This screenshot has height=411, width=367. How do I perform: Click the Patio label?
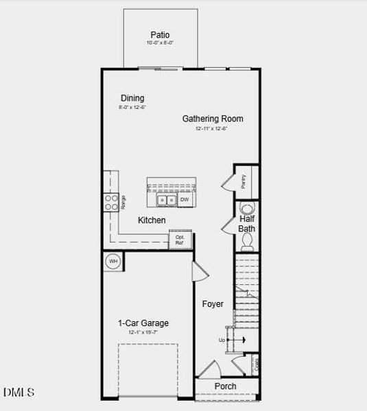(x=160, y=34)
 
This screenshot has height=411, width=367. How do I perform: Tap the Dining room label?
(x=132, y=98)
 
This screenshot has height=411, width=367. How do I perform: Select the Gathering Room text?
(x=213, y=119)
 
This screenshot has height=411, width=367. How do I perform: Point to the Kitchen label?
(x=152, y=220)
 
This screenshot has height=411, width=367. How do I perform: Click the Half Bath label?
(x=247, y=223)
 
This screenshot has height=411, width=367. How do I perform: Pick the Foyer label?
(x=213, y=303)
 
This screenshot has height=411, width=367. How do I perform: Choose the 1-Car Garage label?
(x=143, y=323)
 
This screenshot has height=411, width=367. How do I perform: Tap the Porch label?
(x=225, y=386)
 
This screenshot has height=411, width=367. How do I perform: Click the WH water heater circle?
(x=113, y=261)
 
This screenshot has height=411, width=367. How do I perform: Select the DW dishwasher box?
(x=185, y=199)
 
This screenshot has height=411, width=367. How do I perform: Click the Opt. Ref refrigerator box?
(x=180, y=240)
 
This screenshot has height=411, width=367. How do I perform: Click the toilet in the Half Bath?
(x=248, y=239)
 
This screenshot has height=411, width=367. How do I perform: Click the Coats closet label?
(x=257, y=364)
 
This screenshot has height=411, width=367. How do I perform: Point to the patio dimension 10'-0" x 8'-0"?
(x=160, y=43)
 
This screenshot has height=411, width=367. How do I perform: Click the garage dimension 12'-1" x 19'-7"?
(x=143, y=332)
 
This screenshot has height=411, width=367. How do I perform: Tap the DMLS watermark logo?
(x=19, y=393)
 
